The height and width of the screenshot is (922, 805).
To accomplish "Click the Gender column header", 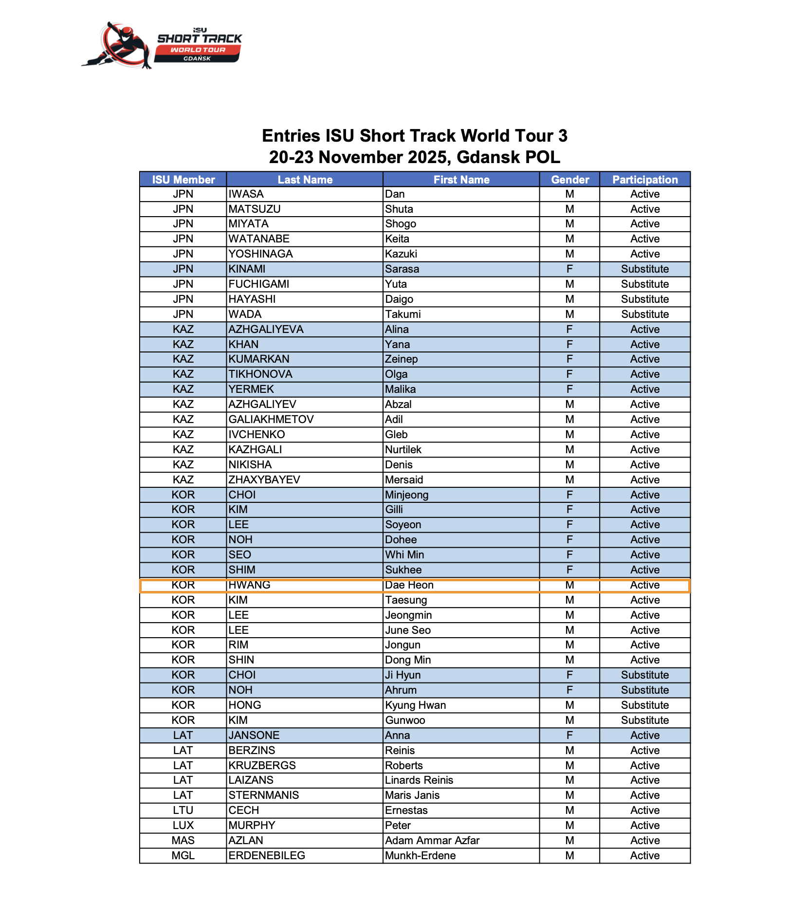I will point(569,180).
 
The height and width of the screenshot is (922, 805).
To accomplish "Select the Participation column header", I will point(644,180).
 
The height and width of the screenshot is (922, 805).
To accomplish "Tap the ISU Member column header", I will point(183,180).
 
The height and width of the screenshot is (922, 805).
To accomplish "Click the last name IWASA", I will point(246,194).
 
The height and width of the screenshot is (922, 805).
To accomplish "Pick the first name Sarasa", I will point(402,269).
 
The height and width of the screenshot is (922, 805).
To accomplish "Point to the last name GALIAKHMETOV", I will point(271,420).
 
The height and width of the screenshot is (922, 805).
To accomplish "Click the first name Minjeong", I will point(407,495).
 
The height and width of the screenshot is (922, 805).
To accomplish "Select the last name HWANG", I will point(249,585).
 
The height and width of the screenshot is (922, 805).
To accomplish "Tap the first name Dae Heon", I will point(409,585).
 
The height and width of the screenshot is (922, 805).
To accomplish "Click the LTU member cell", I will point(183,811).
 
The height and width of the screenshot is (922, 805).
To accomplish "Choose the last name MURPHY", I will point(252,826).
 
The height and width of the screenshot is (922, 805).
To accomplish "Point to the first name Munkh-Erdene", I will point(421,856).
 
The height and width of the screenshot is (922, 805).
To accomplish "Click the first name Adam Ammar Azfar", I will point(432,841).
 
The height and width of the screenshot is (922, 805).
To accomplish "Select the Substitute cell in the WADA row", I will point(644,314).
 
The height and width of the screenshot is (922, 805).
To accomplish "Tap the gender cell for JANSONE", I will point(569,736).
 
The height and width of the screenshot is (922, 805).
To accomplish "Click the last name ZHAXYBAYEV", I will point(264,480).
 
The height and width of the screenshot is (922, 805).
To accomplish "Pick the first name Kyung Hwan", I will point(416,705).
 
